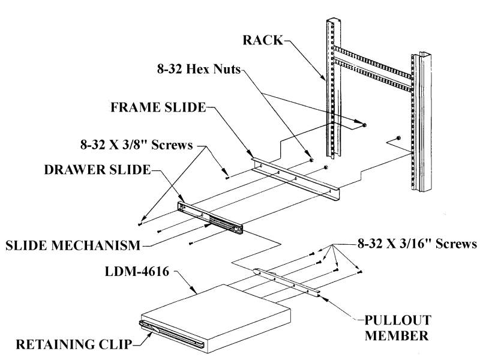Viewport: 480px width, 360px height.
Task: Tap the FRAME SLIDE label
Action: point(157,108)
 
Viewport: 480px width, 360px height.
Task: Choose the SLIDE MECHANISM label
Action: point(73,245)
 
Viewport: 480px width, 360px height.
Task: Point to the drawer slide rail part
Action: point(210,217)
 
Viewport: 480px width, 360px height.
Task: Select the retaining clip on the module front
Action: point(174,334)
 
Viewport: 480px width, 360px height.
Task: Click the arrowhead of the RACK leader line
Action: point(325,79)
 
